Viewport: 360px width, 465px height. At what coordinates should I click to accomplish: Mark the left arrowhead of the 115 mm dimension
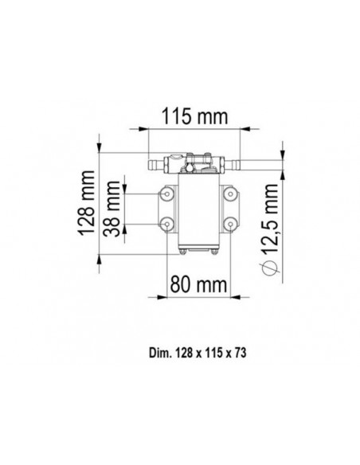[143, 130]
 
